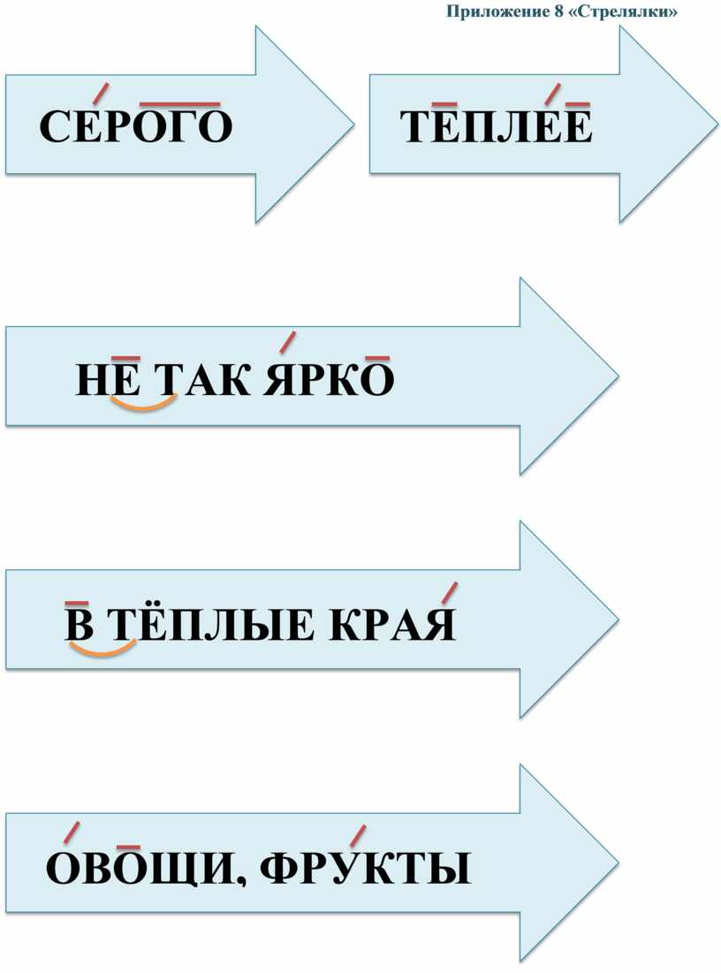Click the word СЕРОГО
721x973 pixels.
coord(135,126)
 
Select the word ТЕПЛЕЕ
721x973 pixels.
coord(496,126)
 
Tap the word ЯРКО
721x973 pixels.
coord(329,378)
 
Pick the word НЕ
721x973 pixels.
coord(108,378)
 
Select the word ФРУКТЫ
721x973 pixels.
coord(365,868)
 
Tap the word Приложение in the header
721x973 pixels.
coord(497,11)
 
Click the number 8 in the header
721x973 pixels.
coord(558,11)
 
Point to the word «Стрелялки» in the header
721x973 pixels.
coord(622,11)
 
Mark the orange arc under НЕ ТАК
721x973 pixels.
coord(143,406)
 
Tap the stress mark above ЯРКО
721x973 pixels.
coord(287,342)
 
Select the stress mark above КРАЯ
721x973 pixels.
coord(450,592)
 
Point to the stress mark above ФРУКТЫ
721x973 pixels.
coord(357,835)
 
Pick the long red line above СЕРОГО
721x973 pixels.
coord(180,104)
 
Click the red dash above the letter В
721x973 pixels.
coord(77,603)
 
